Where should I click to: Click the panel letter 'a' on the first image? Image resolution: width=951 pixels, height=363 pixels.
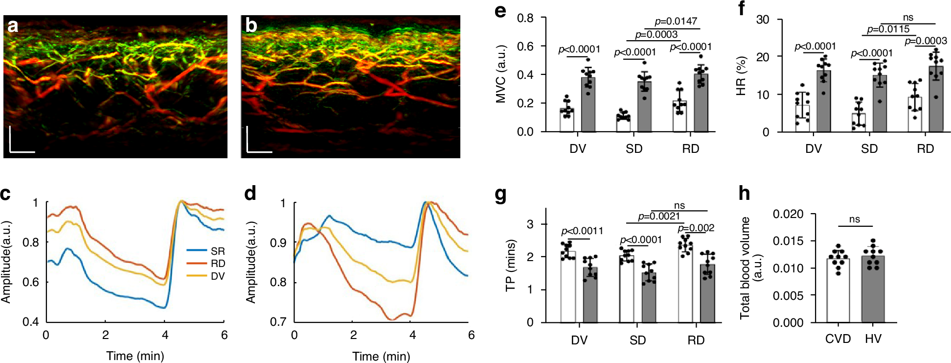[13, 25]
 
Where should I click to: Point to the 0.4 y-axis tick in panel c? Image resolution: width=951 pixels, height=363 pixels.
[31, 322]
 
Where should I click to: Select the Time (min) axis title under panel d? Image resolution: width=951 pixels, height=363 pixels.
[381, 356]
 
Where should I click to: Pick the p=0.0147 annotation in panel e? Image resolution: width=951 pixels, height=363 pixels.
[676, 22]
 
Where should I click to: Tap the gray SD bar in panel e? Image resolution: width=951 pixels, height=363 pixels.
[644, 108]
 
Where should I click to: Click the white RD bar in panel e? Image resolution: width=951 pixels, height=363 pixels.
[679, 118]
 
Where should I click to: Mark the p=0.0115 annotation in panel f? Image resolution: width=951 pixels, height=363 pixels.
[888, 29]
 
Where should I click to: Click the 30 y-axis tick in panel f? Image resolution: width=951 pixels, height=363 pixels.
[763, 20]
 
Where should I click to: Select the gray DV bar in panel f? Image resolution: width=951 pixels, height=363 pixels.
[824, 103]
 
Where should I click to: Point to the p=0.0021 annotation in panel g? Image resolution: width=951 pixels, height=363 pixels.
[658, 217]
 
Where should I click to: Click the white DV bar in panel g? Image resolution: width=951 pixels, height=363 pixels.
[568, 289]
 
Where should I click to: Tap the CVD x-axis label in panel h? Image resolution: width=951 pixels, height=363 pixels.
[838, 339]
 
